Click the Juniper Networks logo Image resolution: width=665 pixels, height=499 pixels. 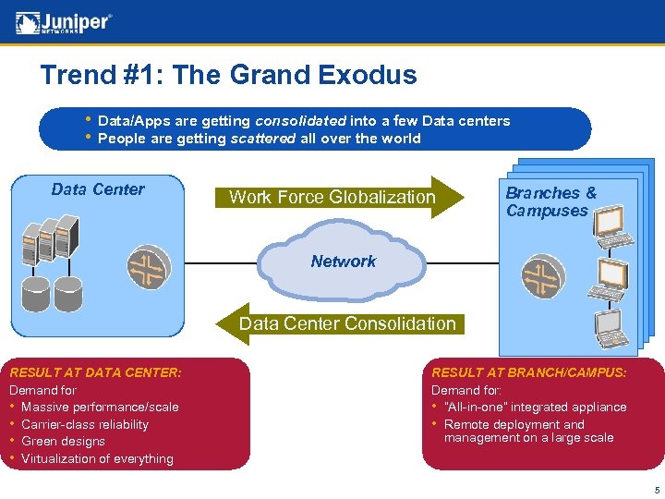(x=64, y=21)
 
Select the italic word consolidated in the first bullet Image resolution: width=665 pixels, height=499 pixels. (x=300, y=121)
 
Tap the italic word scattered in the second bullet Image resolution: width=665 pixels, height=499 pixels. (x=263, y=139)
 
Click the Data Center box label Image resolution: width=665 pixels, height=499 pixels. (x=98, y=189)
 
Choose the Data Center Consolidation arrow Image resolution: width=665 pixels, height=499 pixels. (x=346, y=323)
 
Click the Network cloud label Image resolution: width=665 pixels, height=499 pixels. (x=344, y=262)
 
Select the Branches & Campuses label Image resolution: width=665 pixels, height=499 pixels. (x=550, y=201)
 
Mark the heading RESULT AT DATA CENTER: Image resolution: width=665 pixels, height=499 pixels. (x=95, y=372)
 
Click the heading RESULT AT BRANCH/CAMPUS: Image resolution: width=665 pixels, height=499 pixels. (x=529, y=372)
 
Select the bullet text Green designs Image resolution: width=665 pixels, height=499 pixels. (x=63, y=442)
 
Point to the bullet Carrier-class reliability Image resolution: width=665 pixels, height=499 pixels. (x=85, y=425)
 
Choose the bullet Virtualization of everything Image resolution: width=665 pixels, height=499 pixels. (x=97, y=459)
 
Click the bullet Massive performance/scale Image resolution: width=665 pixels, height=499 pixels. (x=100, y=408)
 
